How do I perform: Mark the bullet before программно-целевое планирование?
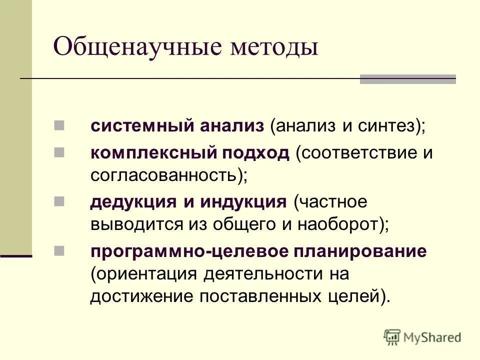point(58,249)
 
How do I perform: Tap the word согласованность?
point(165,175)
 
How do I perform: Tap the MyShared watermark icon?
point(392,337)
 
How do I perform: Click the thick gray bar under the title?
point(407,79)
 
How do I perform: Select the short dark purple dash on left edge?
point(16,256)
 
